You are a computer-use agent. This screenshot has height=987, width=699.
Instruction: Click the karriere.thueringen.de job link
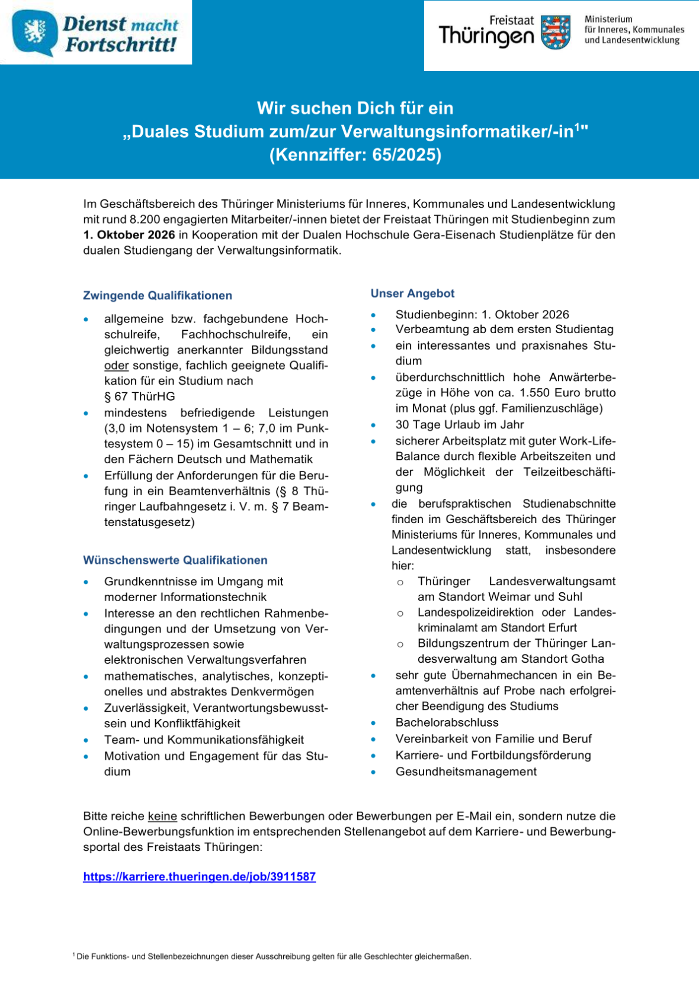[199, 876]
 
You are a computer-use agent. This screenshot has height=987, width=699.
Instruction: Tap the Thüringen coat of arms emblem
[556, 33]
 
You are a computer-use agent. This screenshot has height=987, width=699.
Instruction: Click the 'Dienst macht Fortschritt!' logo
[96, 33]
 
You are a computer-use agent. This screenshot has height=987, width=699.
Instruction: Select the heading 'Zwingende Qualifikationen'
[158, 295]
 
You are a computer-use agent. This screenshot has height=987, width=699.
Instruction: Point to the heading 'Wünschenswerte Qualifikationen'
[175, 560]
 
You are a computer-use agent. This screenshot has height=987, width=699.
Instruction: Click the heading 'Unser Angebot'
[412, 293]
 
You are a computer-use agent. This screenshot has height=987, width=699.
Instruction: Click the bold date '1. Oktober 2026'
[129, 235]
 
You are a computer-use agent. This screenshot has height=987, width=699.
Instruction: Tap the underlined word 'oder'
[116, 366]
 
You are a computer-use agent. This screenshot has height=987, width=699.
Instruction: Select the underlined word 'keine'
[162, 817]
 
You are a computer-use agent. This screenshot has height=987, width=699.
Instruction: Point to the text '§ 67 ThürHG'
[140, 396]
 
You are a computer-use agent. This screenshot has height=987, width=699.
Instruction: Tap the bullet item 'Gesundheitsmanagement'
[466, 772]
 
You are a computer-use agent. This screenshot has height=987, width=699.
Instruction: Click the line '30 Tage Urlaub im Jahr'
[460, 425]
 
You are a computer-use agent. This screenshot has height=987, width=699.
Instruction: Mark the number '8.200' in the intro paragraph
[145, 220]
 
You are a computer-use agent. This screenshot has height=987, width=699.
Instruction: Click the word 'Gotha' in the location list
[588, 659]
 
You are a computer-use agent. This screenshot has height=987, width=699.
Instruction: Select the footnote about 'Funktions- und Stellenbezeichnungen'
[272, 956]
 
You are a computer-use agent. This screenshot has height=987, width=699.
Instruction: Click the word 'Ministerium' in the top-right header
[608, 20]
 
